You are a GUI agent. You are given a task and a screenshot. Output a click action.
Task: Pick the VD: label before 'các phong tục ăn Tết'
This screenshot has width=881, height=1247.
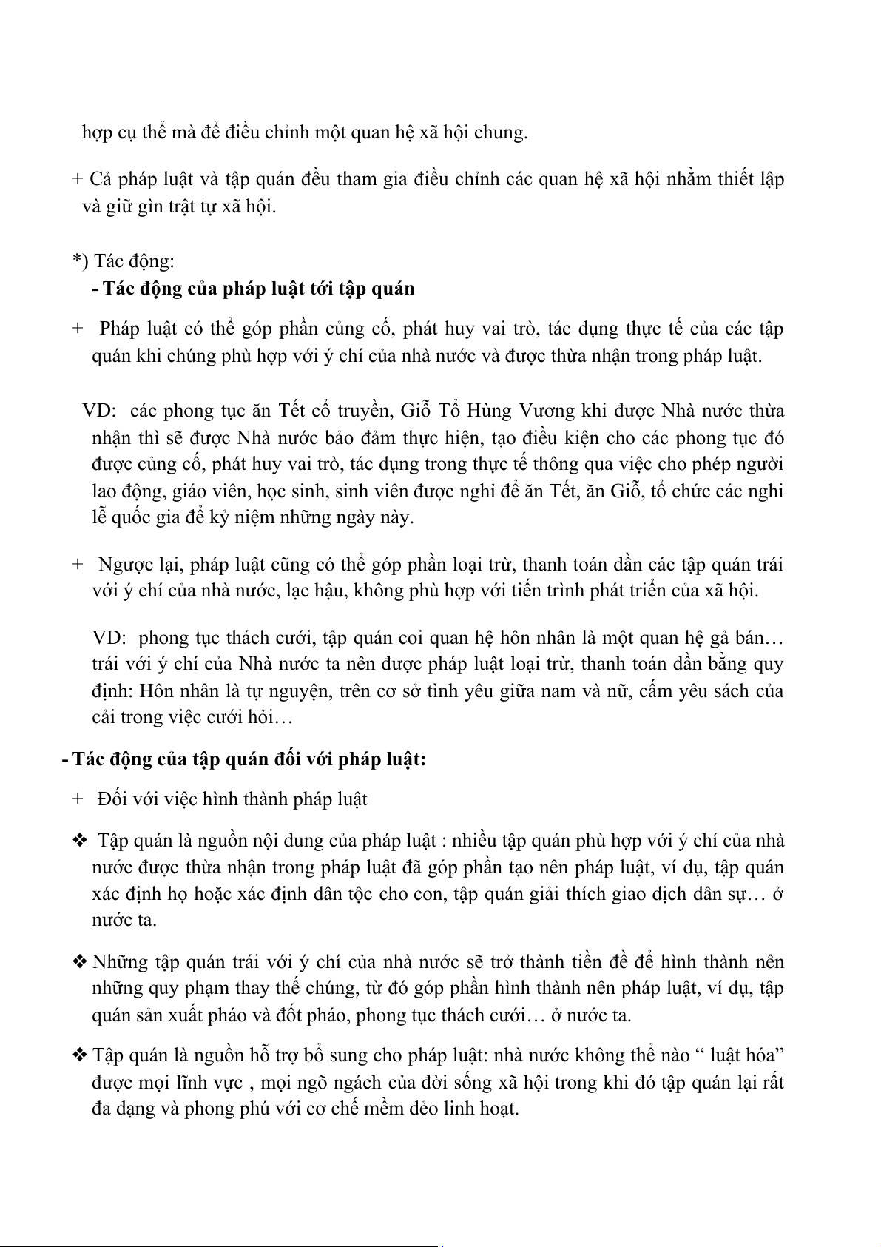(96, 411)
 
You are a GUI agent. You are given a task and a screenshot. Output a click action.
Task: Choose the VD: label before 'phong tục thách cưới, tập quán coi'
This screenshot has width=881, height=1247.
(107, 638)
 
